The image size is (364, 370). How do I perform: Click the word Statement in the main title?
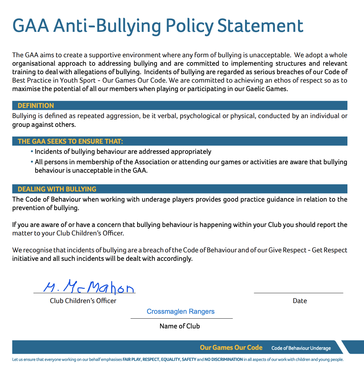[260, 26]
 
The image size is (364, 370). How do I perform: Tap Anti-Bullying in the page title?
[107, 26]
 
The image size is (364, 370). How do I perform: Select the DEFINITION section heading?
[36, 106]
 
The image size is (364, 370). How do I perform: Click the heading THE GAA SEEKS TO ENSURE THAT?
[71, 141]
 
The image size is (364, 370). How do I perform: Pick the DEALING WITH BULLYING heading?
[57, 189]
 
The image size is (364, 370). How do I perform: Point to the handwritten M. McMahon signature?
[88, 287]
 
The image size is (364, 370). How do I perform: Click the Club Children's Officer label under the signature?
[83, 301]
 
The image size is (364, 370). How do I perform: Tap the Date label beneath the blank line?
[300, 301]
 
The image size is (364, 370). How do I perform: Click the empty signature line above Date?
[298, 292]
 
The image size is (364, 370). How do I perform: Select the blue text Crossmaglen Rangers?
[181, 311]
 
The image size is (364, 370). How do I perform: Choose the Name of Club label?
[180, 326]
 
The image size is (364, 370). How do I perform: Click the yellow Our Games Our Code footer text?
[231, 348]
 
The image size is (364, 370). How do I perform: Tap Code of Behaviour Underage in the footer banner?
[301, 348]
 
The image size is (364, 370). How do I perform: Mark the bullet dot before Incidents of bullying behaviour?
[32, 152]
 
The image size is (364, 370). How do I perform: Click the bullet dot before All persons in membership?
[32, 162]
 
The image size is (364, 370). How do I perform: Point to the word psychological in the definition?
[200, 116]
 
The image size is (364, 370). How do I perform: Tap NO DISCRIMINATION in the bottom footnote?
[224, 360]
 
